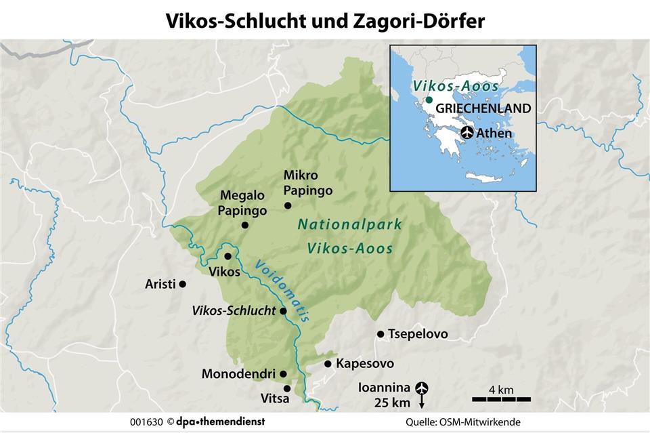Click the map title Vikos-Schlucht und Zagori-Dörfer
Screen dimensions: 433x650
[325, 20]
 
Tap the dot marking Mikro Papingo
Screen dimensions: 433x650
[288, 205]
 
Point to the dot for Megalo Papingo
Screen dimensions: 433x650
[244, 225]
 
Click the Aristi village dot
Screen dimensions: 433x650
[182, 284]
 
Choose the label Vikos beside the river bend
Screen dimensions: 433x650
[225, 272]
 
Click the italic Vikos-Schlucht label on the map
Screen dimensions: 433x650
[234, 311]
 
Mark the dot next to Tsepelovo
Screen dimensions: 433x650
[381, 334]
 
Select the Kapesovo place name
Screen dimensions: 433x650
[365, 364]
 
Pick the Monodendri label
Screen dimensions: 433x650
[238, 374]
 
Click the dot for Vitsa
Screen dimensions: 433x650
[287, 388]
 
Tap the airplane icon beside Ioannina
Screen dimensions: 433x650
[422, 388]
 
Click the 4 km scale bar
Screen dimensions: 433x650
[501, 398]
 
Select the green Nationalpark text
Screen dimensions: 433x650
[351, 225]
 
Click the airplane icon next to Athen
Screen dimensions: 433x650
[467, 133]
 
